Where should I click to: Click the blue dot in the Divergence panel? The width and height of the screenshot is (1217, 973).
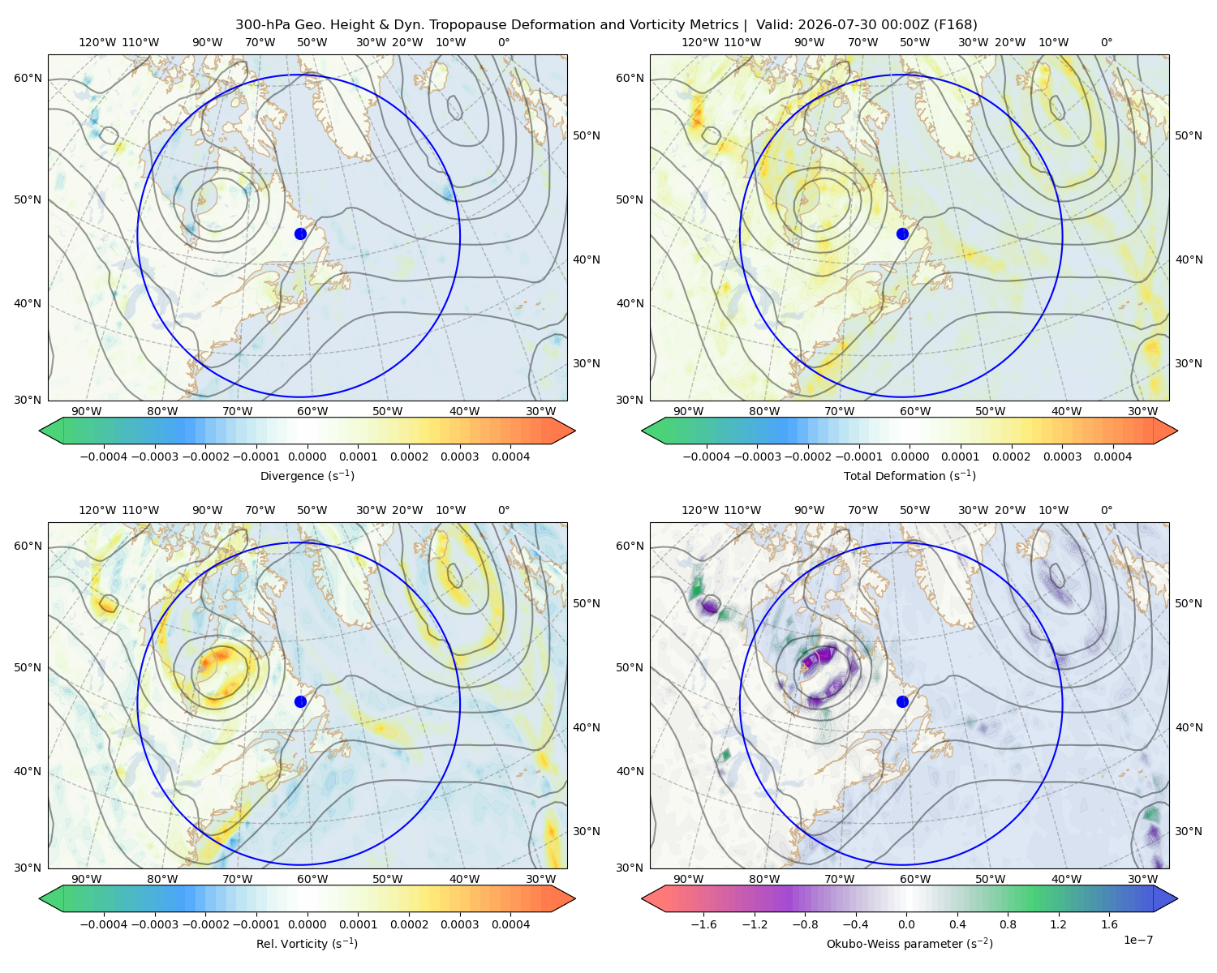tap(300, 234)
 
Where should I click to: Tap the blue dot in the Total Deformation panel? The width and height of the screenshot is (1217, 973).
tap(902, 234)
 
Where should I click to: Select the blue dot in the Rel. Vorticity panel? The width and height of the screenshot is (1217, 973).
tap(300, 701)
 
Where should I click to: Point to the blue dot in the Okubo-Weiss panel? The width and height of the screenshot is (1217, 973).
tap(902, 701)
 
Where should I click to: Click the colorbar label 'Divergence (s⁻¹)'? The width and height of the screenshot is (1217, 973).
tap(307, 475)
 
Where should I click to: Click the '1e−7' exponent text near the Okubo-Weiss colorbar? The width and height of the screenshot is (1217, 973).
tap(1137, 940)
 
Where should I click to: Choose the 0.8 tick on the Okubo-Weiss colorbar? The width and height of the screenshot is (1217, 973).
tap(1008, 924)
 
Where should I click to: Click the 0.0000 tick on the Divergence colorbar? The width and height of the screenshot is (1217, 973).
tap(307, 456)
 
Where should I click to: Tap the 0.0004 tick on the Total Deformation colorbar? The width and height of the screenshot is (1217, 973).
tap(1113, 456)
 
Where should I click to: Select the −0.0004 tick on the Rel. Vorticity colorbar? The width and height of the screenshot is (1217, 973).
tap(104, 924)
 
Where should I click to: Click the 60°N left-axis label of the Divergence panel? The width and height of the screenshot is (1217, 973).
tap(28, 78)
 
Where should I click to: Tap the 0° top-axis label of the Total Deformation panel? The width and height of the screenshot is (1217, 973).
tap(1107, 42)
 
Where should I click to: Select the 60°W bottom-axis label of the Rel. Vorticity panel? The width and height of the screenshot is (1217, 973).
tap(312, 879)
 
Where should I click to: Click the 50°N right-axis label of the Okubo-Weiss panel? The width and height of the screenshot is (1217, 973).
tap(1189, 603)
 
